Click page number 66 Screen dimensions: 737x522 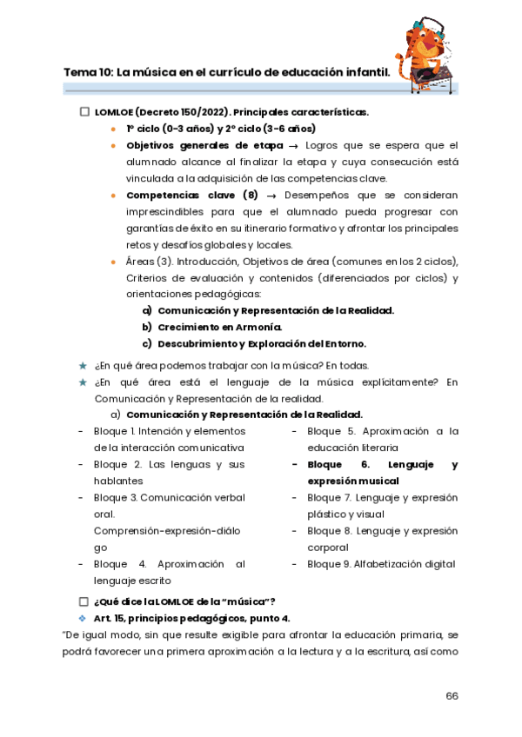point(452,694)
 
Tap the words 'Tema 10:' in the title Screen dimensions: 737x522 point(88,73)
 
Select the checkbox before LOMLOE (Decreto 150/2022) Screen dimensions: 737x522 point(84,112)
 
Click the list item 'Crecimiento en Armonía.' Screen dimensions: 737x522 point(219,327)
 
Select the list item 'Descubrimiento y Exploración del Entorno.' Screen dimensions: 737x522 point(261,343)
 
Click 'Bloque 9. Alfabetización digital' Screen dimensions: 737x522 point(380,564)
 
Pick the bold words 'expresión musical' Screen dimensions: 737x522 point(348,481)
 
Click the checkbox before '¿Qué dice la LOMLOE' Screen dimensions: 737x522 point(84,601)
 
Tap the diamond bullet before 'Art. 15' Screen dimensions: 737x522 point(84,618)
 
